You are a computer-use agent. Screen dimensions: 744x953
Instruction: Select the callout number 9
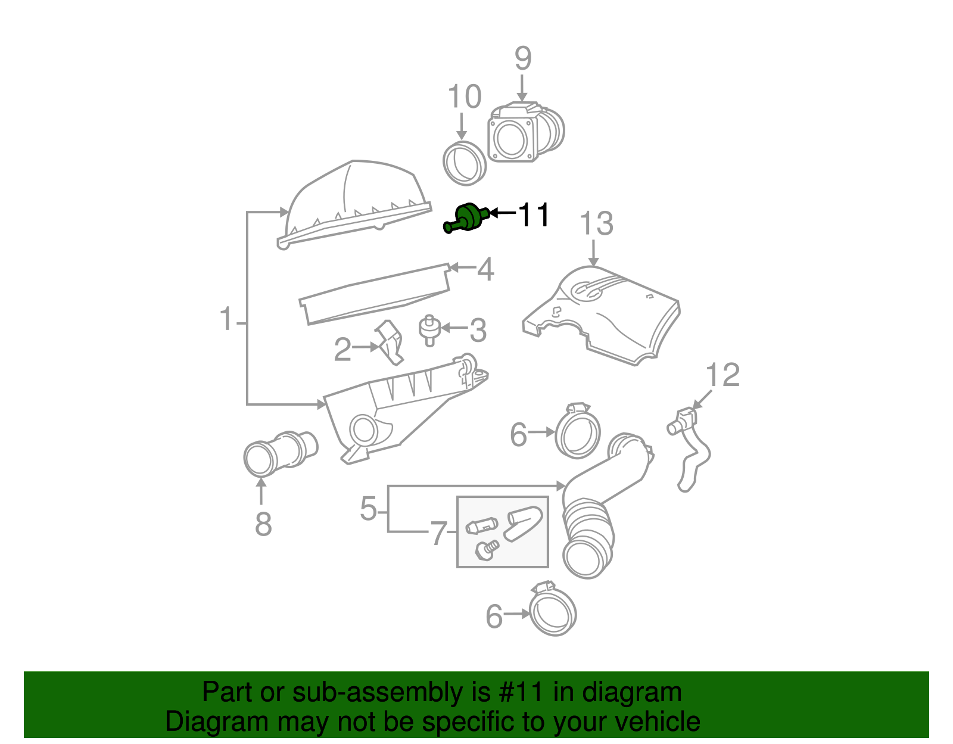point(522,58)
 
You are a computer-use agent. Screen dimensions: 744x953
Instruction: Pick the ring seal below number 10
point(465,163)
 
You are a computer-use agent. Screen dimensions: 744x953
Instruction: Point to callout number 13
point(596,224)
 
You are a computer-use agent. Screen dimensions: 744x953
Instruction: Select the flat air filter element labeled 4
point(375,294)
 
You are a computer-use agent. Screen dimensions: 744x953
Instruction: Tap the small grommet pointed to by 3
point(428,329)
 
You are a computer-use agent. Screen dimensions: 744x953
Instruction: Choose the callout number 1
point(226,319)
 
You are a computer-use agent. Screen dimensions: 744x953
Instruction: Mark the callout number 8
point(263,525)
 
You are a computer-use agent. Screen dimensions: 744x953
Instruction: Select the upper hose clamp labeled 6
point(577,431)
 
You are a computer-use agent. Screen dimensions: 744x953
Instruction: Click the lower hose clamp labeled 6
point(552,611)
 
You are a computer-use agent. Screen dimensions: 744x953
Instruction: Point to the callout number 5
point(369,509)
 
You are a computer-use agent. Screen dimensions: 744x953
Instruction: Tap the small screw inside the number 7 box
point(488,549)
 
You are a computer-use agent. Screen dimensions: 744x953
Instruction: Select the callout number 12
point(722,375)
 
